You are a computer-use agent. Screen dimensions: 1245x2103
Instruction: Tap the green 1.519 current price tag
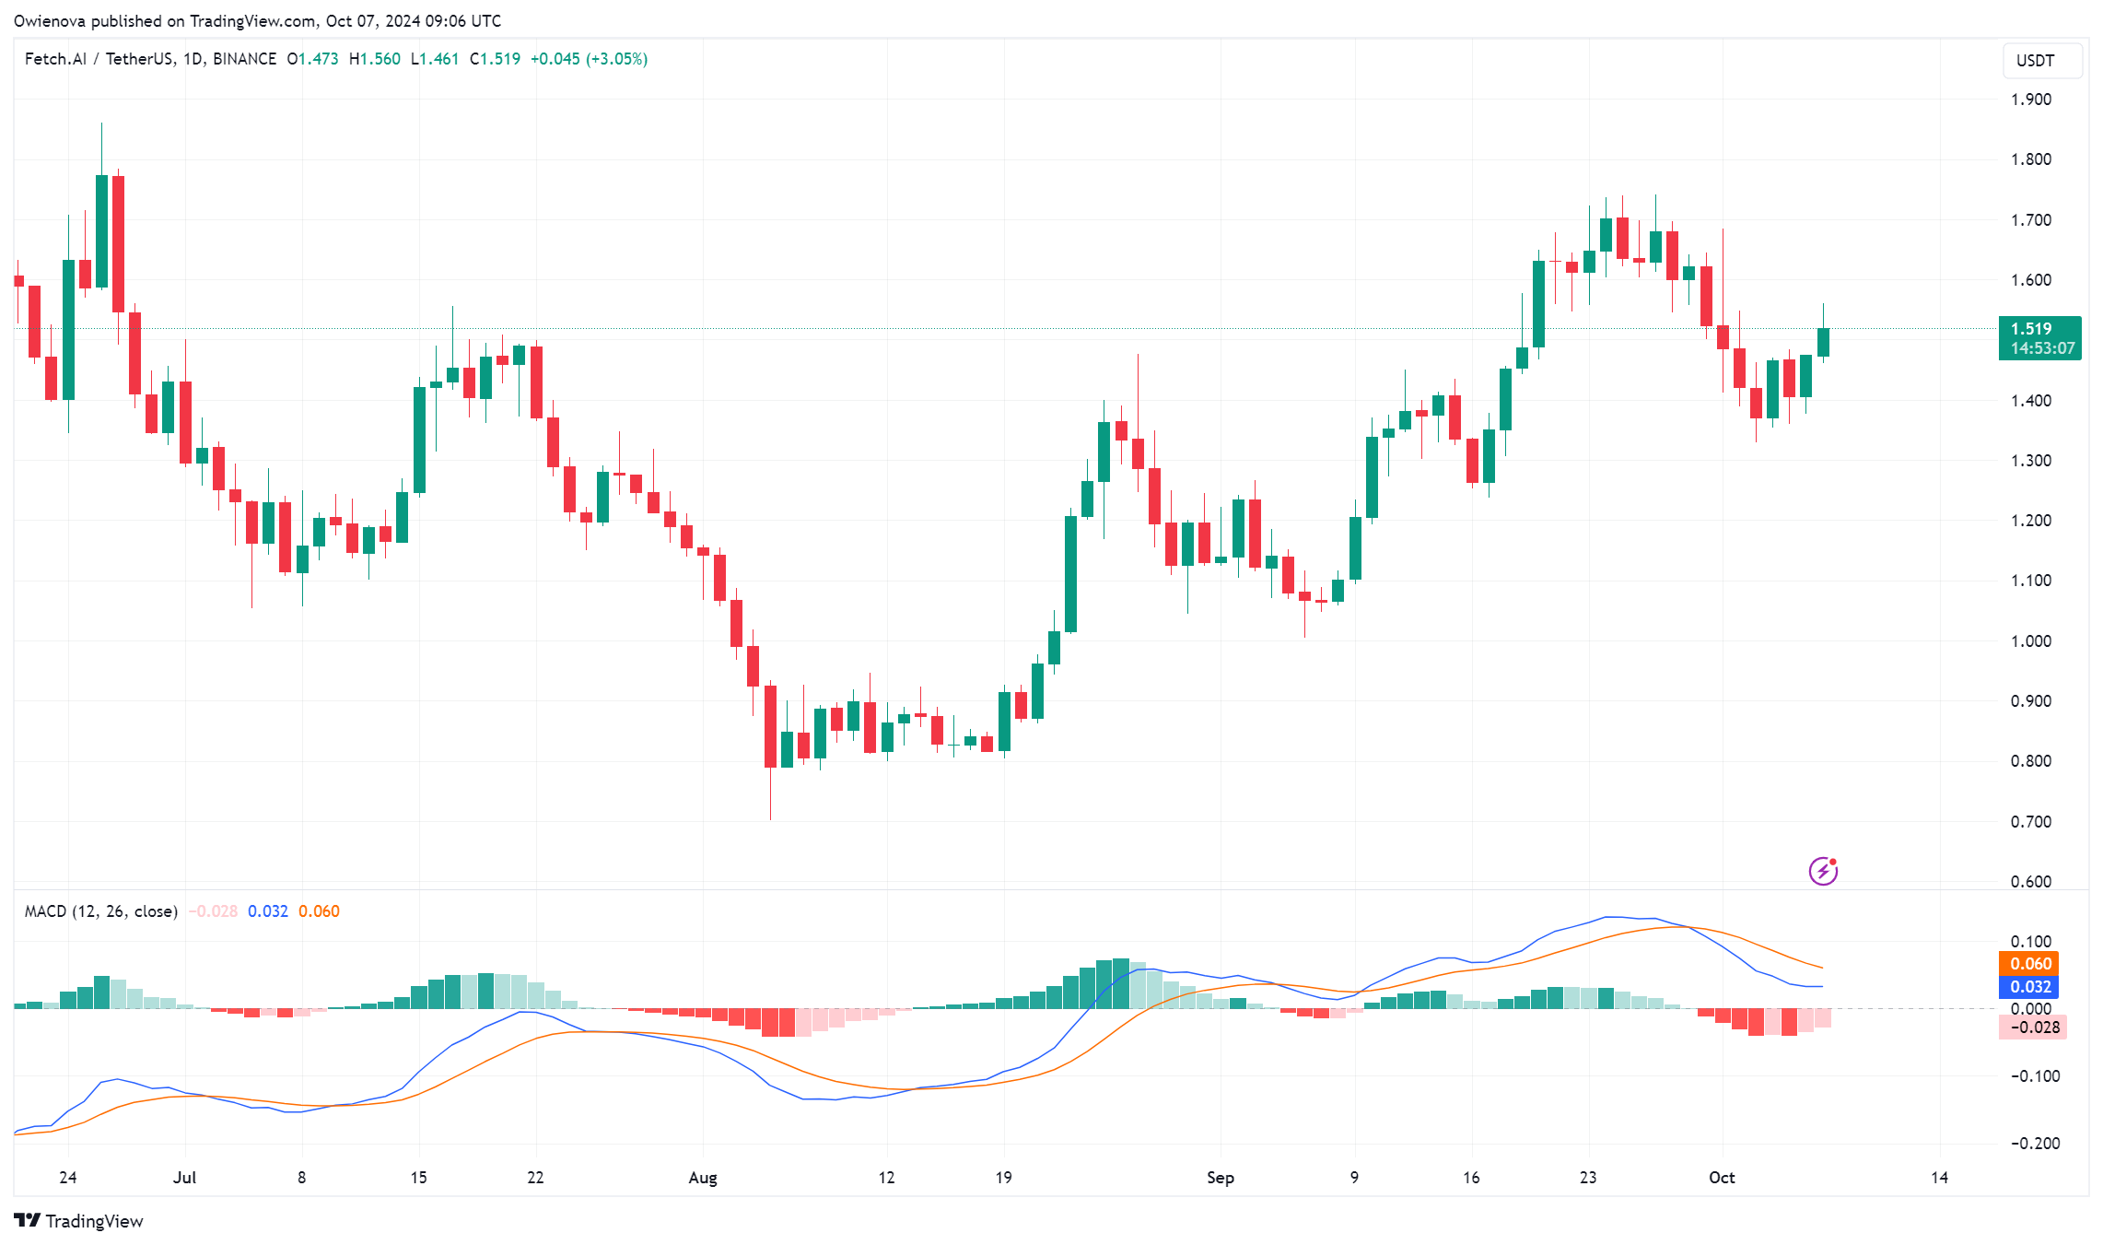click(2039, 338)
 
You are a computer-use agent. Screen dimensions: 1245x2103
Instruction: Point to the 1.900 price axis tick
click(2030, 100)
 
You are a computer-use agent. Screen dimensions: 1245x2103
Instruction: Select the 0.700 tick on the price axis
click(2030, 821)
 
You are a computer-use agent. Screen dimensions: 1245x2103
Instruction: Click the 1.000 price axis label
click(2030, 640)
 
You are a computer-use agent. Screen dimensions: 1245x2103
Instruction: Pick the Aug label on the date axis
click(703, 1177)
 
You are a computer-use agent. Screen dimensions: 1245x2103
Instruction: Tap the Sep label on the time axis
click(1220, 1177)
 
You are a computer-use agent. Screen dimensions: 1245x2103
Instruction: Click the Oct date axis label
click(1721, 1177)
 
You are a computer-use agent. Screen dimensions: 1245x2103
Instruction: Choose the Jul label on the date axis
click(185, 1177)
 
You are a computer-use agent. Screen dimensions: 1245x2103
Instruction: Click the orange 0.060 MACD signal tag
click(2030, 964)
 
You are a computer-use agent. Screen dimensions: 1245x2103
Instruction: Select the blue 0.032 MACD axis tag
click(2030, 987)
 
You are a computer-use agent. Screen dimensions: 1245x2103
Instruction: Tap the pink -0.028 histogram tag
click(2032, 1027)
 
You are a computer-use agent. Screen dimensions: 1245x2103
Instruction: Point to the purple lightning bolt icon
click(1823, 870)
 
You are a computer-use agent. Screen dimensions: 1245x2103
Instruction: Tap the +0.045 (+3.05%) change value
click(589, 59)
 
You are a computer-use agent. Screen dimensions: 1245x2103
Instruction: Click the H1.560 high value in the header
click(375, 59)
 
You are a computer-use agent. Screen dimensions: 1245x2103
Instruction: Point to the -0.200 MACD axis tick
click(2034, 1143)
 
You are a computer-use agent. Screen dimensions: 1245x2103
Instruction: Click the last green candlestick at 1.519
click(1823, 342)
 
